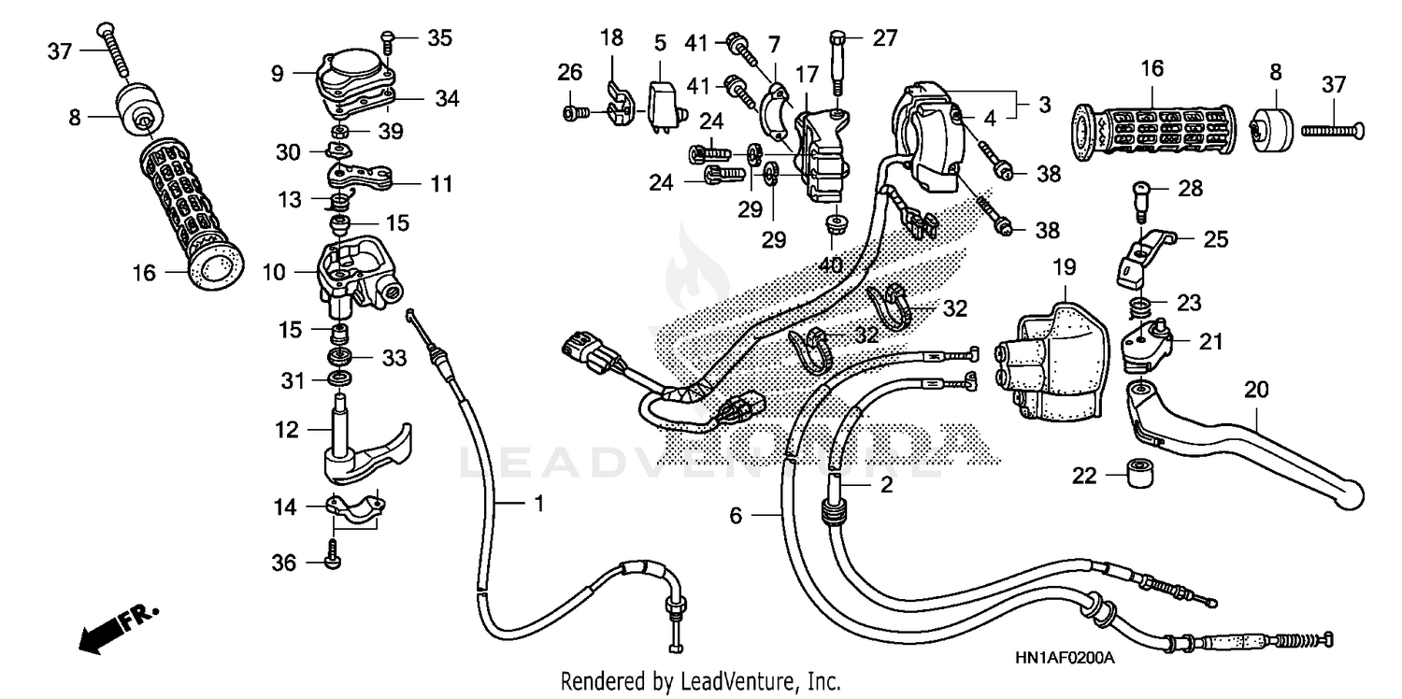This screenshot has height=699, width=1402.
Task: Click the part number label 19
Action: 1065,267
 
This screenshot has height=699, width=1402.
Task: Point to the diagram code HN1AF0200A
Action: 1065,658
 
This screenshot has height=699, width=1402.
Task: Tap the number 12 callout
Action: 286,430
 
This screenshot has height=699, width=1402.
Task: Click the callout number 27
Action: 884,38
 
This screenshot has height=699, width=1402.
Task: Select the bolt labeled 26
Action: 574,113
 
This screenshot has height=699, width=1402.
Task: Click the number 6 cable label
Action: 736,515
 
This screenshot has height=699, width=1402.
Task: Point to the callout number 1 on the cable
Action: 538,505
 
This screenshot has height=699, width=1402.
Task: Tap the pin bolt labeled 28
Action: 1141,198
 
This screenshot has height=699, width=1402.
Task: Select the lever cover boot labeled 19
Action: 1051,360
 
